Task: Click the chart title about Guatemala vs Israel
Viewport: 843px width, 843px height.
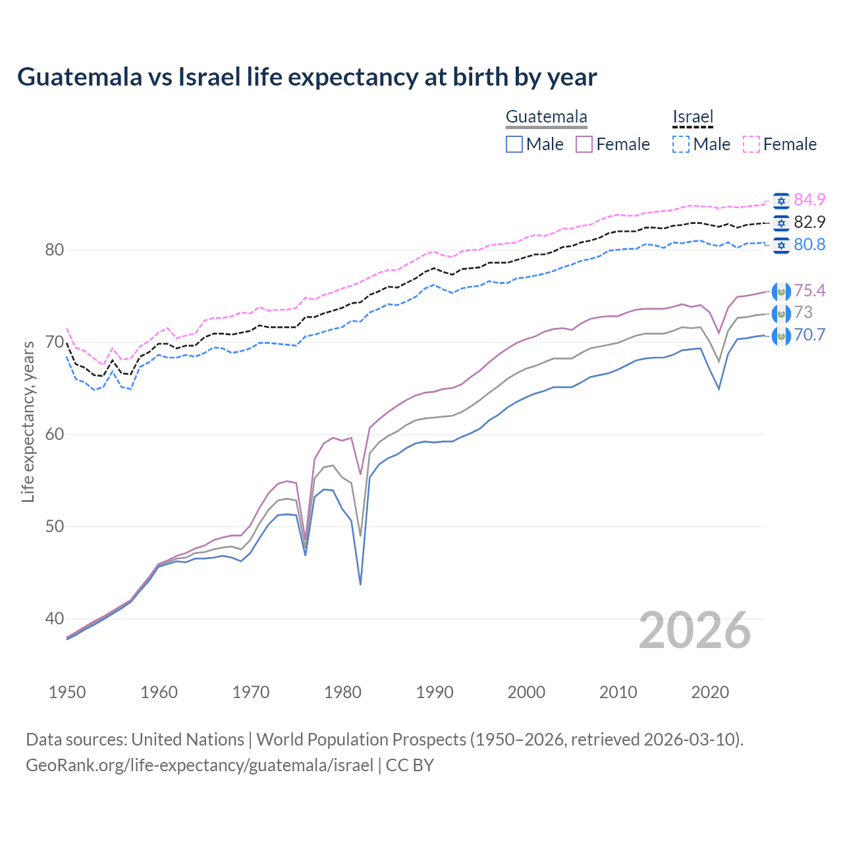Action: click(x=307, y=77)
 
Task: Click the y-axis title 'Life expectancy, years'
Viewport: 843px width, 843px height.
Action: click(x=28, y=421)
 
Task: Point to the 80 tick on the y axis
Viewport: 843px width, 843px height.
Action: click(x=55, y=250)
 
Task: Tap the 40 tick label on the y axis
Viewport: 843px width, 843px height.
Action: click(x=55, y=618)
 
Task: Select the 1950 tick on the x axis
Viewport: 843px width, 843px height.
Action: click(x=67, y=692)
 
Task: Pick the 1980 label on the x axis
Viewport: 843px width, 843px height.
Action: click(x=342, y=692)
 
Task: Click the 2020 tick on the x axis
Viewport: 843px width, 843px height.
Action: click(x=709, y=692)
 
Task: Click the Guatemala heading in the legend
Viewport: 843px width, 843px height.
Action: click(x=546, y=117)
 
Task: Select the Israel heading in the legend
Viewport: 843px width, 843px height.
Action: click(x=693, y=117)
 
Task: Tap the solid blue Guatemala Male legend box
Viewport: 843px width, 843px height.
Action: click(x=514, y=144)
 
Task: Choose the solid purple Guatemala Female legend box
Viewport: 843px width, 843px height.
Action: click(x=584, y=144)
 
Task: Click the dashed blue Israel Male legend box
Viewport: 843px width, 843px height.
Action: click(x=681, y=144)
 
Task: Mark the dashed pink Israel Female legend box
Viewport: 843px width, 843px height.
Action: click(x=751, y=144)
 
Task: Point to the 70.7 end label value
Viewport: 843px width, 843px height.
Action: click(x=809, y=335)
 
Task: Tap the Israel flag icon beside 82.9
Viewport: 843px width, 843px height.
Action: click(x=781, y=223)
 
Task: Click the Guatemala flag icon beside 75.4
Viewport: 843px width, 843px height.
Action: click(x=781, y=291)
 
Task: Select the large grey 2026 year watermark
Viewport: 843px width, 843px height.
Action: click(x=695, y=630)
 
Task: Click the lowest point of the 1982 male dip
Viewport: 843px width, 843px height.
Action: click(x=360, y=584)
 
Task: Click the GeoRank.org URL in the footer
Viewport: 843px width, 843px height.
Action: click(x=200, y=765)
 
